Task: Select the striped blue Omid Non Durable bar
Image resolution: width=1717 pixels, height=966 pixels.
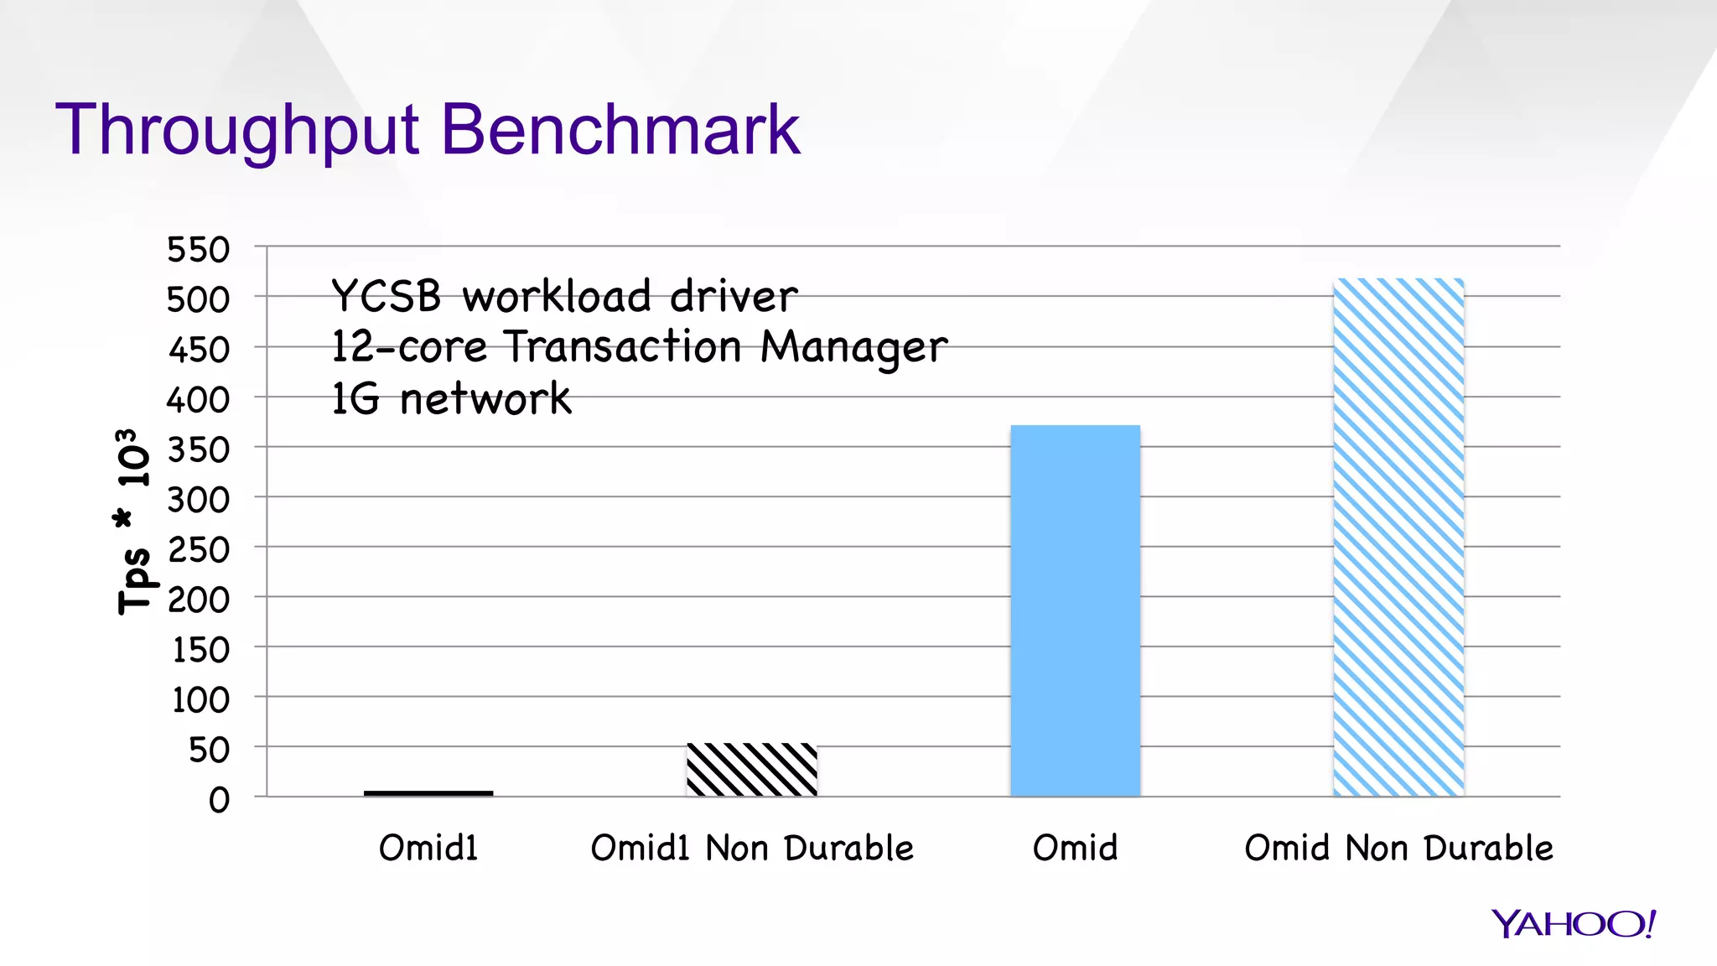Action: click(1398, 537)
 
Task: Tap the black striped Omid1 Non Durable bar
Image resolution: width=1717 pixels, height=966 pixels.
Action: click(751, 769)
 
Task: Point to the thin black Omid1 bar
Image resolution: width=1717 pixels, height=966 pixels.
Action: click(428, 792)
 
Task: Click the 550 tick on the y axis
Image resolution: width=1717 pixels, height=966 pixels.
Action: click(198, 250)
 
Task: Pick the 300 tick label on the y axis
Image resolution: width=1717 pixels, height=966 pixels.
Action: click(198, 500)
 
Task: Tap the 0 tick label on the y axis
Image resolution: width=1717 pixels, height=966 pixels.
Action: click(219, 800)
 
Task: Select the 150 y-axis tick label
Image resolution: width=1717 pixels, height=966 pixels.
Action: click(200, 650)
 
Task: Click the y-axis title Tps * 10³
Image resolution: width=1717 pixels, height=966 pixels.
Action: click(134, 522)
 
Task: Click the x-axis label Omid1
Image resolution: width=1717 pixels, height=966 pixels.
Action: click(428, 848)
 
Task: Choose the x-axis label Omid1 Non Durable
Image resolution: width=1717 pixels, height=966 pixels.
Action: click(752, 848)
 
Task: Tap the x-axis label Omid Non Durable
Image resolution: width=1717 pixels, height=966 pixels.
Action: click(1398, 848)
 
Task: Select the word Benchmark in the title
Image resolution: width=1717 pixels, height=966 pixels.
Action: click(620, 129)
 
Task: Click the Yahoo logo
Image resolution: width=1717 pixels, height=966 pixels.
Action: click(1573, 923)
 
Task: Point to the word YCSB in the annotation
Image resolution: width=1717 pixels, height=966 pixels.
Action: click(386, 296)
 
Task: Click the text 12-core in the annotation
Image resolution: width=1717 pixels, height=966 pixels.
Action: click(409, 346)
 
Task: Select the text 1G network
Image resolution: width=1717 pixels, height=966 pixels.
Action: click(451, 398)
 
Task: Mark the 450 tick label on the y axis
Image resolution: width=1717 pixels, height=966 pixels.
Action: click(199, 350)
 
